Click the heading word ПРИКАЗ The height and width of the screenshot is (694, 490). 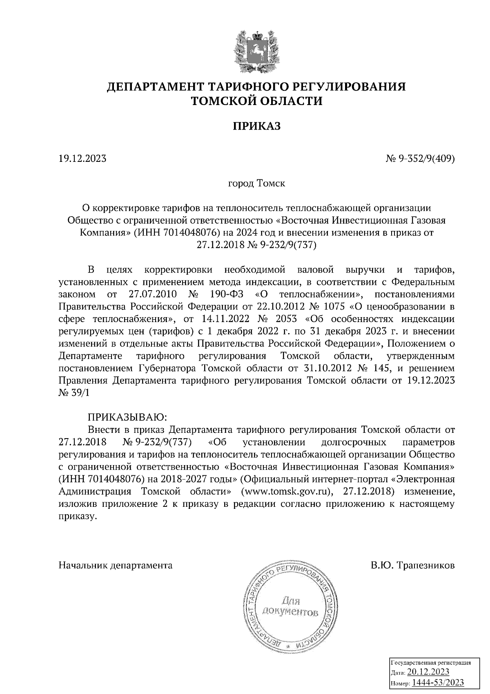[x=257, y=126]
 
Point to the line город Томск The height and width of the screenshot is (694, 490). [x=256, y=183]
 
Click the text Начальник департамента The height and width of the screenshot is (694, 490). [x=116, y=565]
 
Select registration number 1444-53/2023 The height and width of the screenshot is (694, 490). [x=438, y=683]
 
